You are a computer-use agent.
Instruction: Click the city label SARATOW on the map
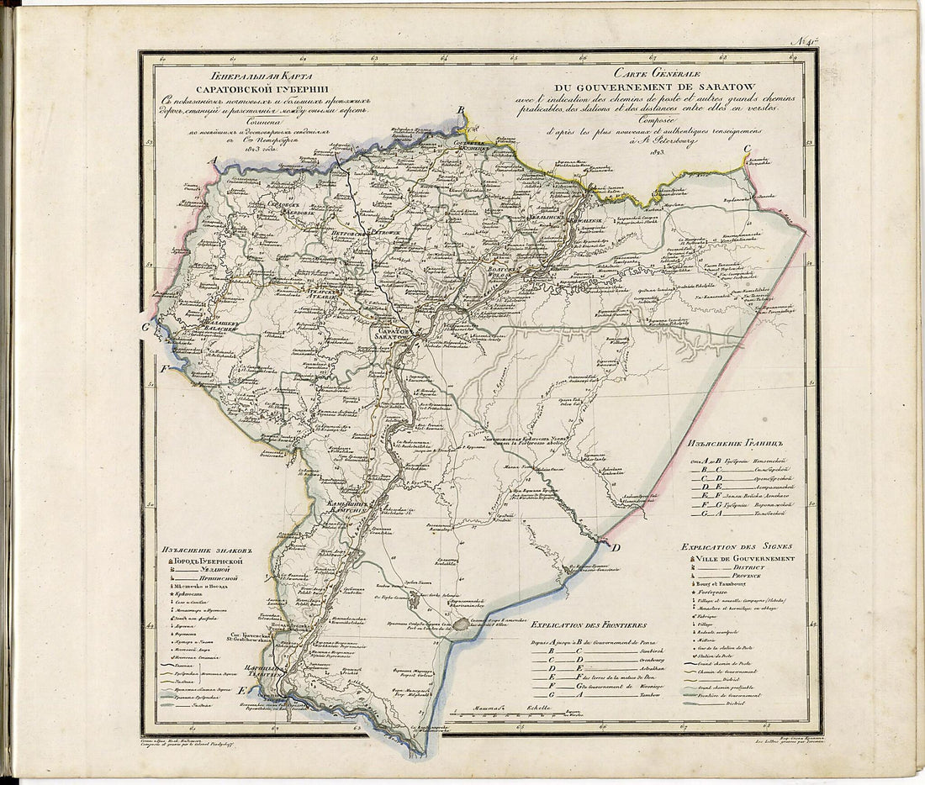389,335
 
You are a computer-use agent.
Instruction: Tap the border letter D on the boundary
616,548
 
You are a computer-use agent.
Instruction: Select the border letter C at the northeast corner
746,150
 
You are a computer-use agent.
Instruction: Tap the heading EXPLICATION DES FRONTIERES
589,626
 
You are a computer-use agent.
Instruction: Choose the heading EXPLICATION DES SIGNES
737,546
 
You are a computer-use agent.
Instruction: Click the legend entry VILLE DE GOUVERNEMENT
745,559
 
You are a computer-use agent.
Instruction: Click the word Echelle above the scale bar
539,709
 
